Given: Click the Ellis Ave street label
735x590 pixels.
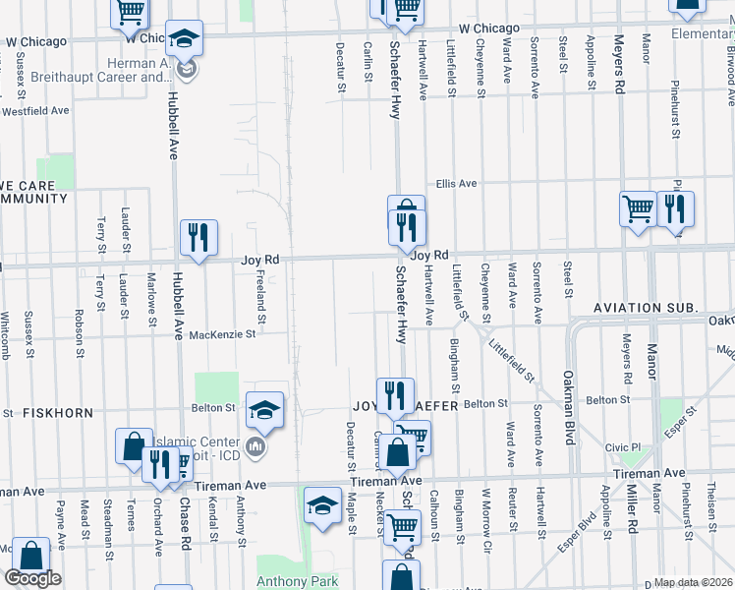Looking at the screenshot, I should pyautogui.click(x=457, y=184).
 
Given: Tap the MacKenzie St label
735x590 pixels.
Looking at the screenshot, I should pyautogui.click(x=222, y=334).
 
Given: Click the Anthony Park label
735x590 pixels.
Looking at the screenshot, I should pyautogui.click(x=298, y=581).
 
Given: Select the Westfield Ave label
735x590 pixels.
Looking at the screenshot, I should pyautogui.click(x=35, y=110).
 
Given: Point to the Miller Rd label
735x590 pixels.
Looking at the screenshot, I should pyautogui.click(x=622, y=513).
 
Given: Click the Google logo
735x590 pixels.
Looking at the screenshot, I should pyautogui.click(x=32, y=578).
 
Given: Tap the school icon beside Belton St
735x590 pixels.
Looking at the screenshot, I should pyautogui.click(x=264, y=409).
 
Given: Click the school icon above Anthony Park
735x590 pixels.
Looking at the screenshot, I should pyautogui.click(x=321, y=503).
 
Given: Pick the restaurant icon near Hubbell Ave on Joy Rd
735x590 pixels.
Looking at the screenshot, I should pyautogui.click(x=198, y=237).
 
